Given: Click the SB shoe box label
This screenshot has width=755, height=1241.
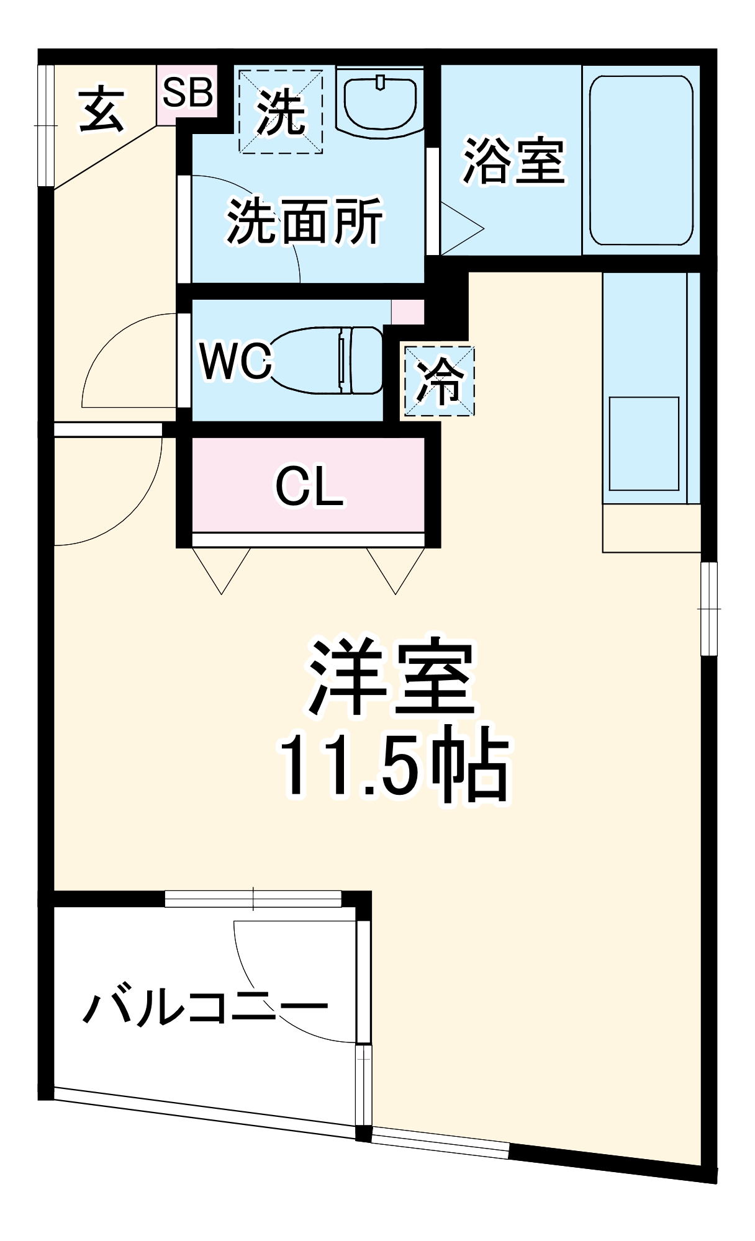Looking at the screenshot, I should point(187,92).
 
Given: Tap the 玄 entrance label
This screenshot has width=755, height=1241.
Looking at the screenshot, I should point(102,110).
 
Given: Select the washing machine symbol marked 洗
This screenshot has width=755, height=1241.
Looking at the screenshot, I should point(281,112).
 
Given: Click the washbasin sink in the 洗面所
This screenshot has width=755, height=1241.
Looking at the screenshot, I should point(380,102).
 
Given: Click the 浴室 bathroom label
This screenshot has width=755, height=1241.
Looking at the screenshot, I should point(513,161).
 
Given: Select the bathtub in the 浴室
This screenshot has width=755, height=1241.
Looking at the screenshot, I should point(641,161).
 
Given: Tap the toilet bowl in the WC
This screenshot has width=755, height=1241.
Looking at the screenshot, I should point(329,360).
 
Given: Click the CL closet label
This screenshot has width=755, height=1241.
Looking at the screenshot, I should point(309,486).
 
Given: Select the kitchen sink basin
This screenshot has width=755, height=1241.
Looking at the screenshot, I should point(644,444).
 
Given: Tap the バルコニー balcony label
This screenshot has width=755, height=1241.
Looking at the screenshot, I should point(205,1008).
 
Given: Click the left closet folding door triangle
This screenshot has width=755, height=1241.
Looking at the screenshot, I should point(222,567).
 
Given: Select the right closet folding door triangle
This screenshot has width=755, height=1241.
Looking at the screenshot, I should point(396,567).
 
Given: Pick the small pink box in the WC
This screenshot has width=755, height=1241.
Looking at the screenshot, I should point(407,311).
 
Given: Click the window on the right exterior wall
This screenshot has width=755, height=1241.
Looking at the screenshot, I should point(708,608).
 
